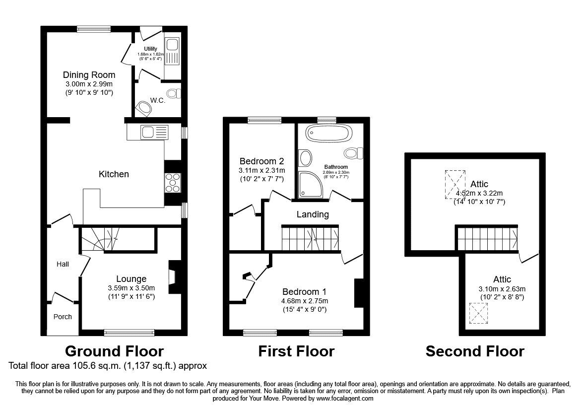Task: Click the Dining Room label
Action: [89, 75]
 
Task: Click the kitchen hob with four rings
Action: [172, 183]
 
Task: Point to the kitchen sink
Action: [154, 132]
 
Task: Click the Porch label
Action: [63, 317]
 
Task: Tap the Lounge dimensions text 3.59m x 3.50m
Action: [131, 288]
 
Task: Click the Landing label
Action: [313, 214]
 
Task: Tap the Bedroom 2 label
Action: [261, 161]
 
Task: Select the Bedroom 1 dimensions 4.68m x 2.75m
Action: [305, 301]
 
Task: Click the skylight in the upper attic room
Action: [455, 185]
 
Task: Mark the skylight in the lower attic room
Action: [479, 313]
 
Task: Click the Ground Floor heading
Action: [114, 351]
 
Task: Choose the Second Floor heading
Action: [475, 351]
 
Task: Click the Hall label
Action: [63, 264]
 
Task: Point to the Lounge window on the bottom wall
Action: [130, 332]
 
